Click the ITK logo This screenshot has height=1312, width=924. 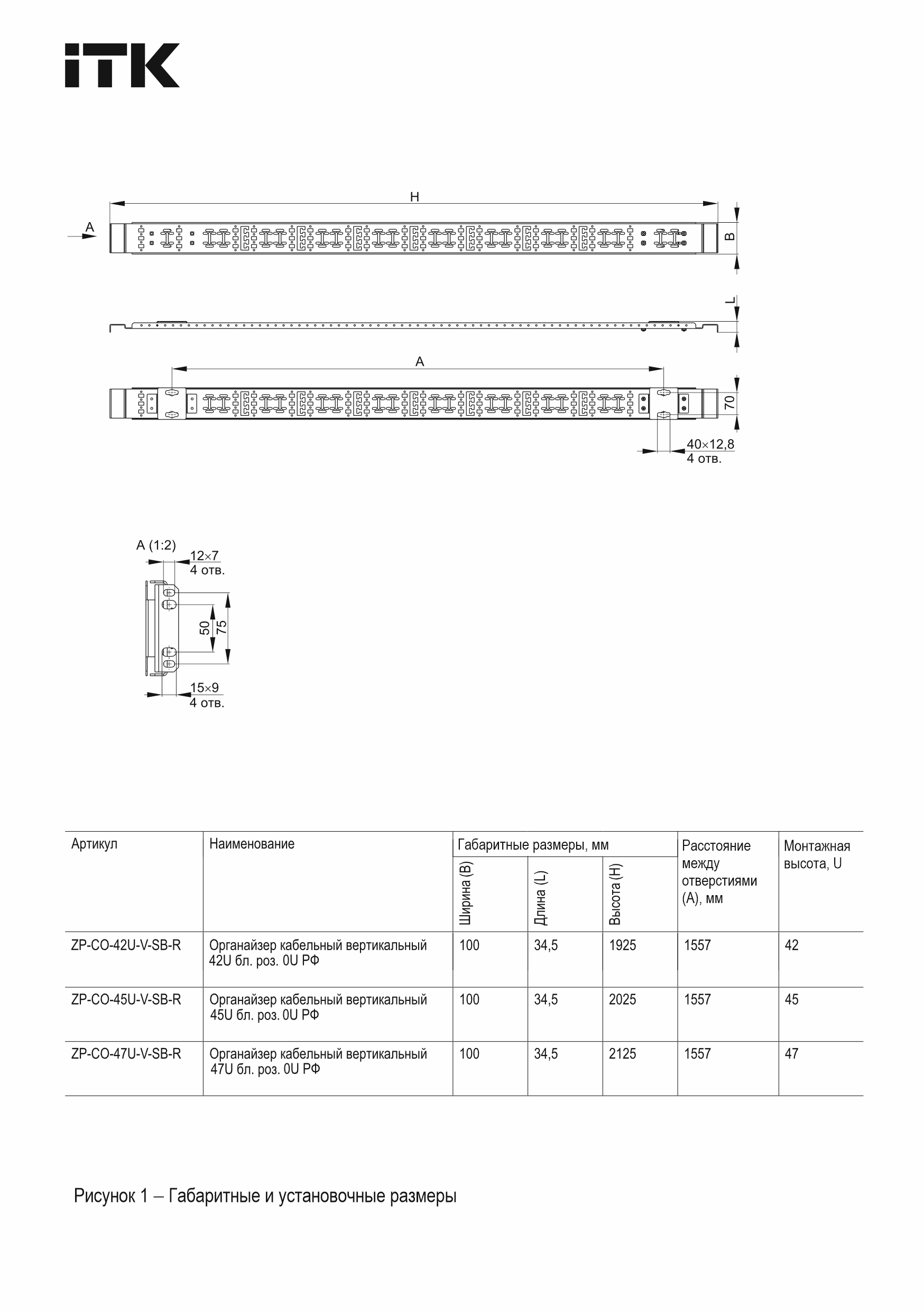[x=122, y=65]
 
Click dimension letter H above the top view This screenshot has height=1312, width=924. [x=414, y=197]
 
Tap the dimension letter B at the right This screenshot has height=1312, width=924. [x=730, y=236]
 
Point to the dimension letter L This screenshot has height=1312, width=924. [x=730, y=300]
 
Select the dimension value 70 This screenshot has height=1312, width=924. [x=730, y=402]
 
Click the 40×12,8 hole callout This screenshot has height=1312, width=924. [x=710, y=444]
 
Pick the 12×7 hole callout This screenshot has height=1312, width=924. [x=204, y=556]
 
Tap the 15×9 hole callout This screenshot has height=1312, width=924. [x=204, y=687]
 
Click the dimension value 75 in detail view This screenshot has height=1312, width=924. [x=222, y=627]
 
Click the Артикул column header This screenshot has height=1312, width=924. [x=94, y=844]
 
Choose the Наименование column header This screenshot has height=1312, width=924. [x=251, y=844]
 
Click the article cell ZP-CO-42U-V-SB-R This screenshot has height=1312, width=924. [x=126, y=945]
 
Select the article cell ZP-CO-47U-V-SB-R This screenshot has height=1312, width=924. [x=126, y=1054]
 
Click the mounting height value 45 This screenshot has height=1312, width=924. [x=791, y=999]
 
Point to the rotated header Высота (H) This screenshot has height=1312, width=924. [x=615, y=894]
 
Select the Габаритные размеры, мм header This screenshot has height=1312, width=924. [x=533, y=844]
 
